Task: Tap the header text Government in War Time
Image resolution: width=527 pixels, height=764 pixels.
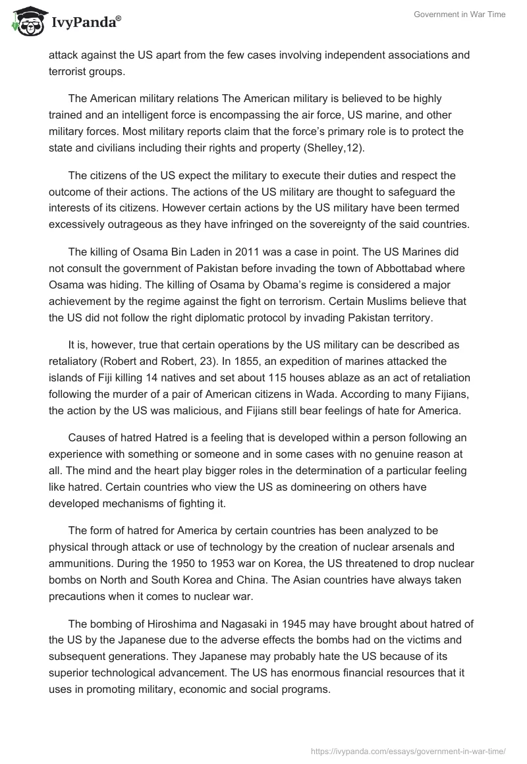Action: [459, 14]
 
